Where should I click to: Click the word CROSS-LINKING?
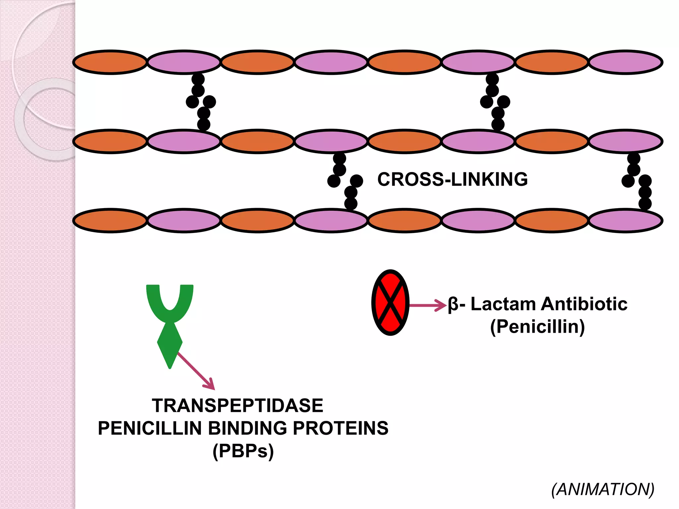tap(452, 179)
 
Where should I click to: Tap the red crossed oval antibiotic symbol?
tap(390, 302)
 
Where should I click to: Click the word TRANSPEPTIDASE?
tap(237, 406)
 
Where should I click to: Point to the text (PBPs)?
tap(243, 451)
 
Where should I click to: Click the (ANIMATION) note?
tap(602, 489)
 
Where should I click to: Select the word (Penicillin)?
tap(537, 326)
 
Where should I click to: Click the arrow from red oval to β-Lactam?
tap(428, 305)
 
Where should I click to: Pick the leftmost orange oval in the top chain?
tap(110, 62)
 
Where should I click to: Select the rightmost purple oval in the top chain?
tap(625, 62)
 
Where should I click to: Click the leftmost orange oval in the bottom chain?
tap(110, 221)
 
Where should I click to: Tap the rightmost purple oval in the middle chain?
tap(625, 141)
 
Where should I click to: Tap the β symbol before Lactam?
tap(453, 305)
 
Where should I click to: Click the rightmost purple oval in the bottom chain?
tap(625, 221)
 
